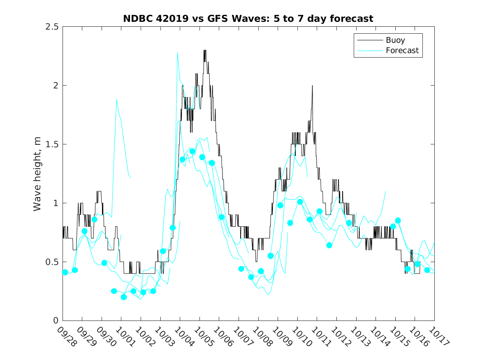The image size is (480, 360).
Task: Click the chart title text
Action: pos(248,19)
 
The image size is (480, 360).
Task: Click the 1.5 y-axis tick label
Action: pos(52,144)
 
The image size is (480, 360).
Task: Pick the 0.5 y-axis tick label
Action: pos(52,262)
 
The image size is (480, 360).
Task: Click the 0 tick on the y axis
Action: pos(55,321)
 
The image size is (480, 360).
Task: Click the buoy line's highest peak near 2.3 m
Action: pos(205,50)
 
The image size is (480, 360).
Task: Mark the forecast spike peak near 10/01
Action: pos(117,100)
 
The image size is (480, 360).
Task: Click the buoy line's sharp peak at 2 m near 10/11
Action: pos(313,86)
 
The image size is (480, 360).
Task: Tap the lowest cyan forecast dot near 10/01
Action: pos(124,297)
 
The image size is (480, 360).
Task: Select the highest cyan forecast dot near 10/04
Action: pos(192,151)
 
